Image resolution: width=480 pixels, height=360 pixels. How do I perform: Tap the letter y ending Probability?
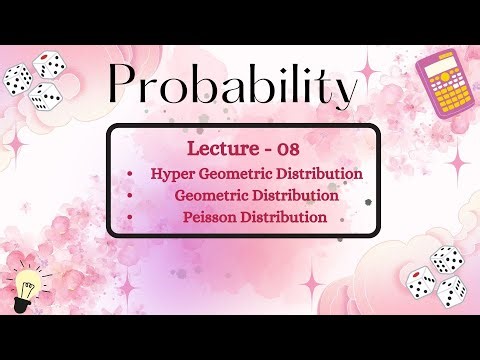pos(344,95)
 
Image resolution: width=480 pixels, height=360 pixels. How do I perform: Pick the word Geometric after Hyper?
pos(240,174)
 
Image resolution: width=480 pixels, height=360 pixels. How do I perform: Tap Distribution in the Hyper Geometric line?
pos(320,174)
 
